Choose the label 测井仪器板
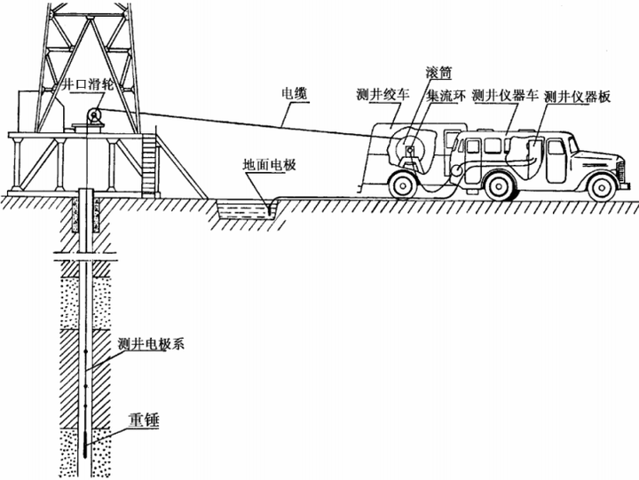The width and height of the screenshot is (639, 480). (x=577, y=96)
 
